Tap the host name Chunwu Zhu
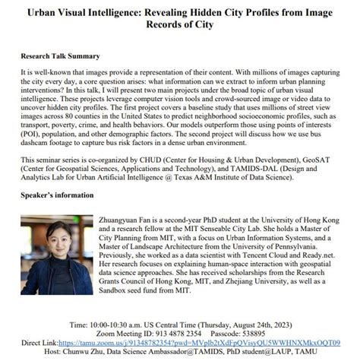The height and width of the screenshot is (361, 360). (x=118, y=352)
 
